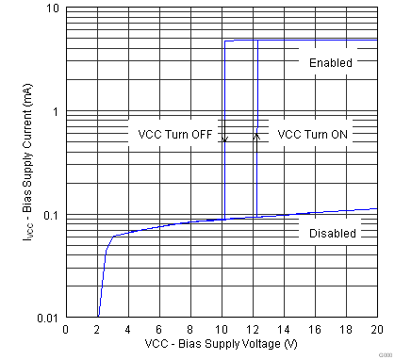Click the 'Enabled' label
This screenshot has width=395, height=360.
pyautogui.click(x=330, y=63)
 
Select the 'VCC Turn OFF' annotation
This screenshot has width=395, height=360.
pyautogui.click(x=175, y=135)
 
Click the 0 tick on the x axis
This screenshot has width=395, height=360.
pyautogui.click(x=65, y=330)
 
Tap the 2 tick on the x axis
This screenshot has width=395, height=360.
pyautogui.click(x=96, y=330)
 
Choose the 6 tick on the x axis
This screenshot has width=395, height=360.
pyautogui.click(x=158, y=330)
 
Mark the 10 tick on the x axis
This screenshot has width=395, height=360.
pyautogui.click(x=221, y=330)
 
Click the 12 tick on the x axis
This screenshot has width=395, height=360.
pyautogui.click(x=252, y=330)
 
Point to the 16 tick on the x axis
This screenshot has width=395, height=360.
pyautogui.click(x=314, y=330)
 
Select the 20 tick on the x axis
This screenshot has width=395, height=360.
pyautogui.click(x=376, y=330)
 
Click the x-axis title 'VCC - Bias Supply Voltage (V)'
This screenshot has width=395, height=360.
pyautogui.click(x=221, y=345)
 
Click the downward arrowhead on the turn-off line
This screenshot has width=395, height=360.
pyautogui.click(x=224, y=139)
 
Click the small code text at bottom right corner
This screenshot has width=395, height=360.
pyautogui.click(x=383, y=354)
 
